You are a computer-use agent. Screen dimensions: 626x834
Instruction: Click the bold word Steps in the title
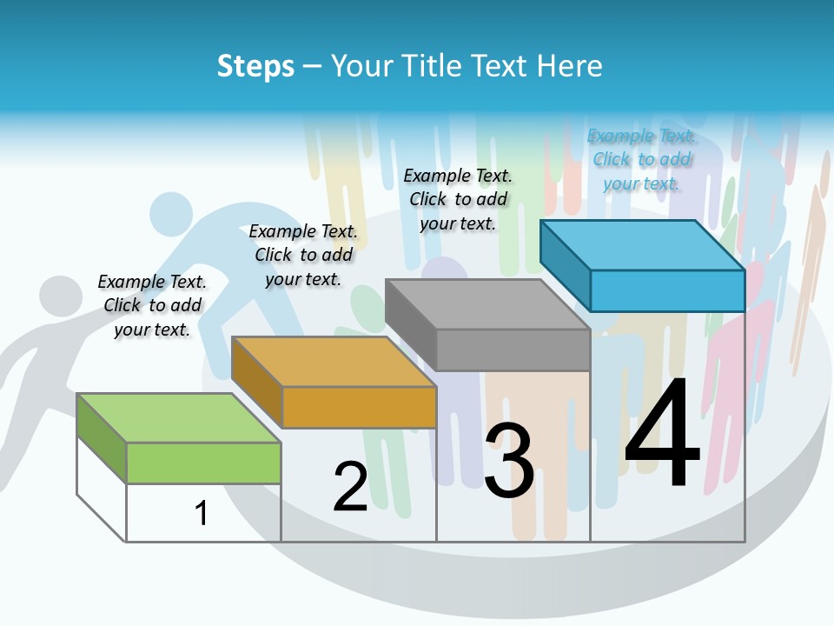click(255, 66)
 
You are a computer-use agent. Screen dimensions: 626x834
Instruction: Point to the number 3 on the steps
click(509, 461)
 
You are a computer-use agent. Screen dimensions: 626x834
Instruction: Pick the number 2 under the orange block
click(350, 487)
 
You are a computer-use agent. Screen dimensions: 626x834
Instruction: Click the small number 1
click(202, 513)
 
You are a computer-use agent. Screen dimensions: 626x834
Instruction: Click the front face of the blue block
click(667, 290)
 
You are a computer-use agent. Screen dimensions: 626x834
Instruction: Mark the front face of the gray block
click(513, 350)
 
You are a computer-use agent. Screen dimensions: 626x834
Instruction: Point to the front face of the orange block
click(359, 407)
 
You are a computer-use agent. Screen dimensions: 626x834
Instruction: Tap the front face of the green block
click(203, 463)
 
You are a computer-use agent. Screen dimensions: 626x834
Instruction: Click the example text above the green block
click(152, 305)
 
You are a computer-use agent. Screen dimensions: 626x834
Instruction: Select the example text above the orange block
click(303, 255)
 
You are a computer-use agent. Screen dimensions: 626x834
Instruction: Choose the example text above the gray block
click(458, 199)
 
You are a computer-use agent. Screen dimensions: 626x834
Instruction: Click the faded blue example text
click(641, 159)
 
